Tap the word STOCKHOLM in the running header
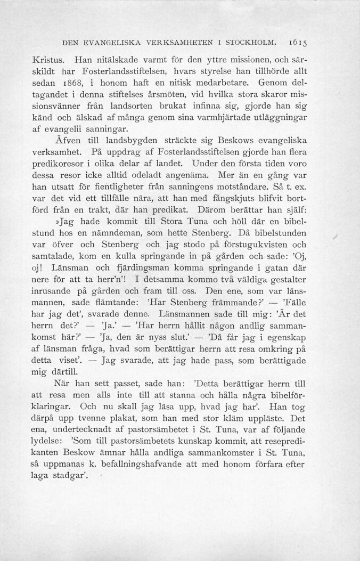pos(251,40)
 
